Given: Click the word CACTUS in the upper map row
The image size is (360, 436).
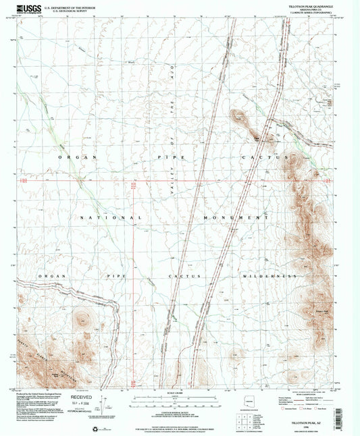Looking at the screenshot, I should (261, 156).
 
